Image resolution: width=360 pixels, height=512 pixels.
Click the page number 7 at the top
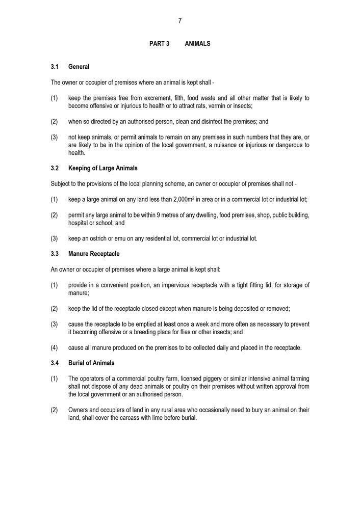(180, 21)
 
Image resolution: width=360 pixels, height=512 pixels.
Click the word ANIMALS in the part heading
(197, 44)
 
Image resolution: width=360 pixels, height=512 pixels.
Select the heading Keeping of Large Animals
(102, 168)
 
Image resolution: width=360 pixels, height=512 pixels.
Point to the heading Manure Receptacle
(94, 254)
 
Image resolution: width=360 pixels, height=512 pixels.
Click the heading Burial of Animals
(91, 363)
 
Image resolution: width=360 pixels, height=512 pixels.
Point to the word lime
(144, 418)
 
